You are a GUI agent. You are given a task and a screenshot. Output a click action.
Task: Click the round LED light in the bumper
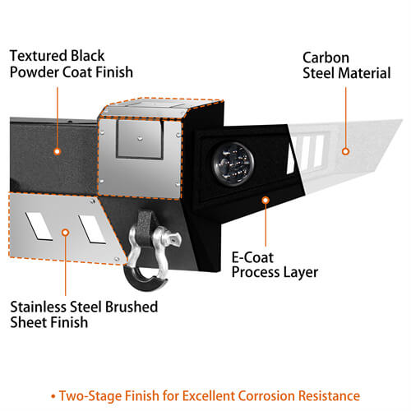click(233, 164)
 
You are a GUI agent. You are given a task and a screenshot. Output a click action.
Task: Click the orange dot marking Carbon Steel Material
click(345, 151)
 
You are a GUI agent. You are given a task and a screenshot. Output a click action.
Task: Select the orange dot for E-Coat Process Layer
click(266, 200)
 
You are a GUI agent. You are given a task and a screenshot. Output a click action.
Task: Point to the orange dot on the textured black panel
click(57, 151)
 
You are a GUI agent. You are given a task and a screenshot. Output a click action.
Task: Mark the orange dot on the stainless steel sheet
click(65, 233)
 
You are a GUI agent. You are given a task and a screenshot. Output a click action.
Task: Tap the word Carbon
click(326, 58)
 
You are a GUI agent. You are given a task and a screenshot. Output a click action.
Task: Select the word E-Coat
click(252, 257)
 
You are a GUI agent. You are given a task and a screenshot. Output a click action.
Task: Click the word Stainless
click(39, 307)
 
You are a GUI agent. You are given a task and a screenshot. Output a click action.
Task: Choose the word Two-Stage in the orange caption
click(90, 396)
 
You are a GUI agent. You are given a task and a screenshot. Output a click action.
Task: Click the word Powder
click(35, 72)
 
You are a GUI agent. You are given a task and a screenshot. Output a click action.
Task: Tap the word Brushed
click(131, 307)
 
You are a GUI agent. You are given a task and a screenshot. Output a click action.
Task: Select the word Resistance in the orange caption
click(329, 396)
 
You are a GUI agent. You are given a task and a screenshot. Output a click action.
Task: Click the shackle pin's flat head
click(174, 239)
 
